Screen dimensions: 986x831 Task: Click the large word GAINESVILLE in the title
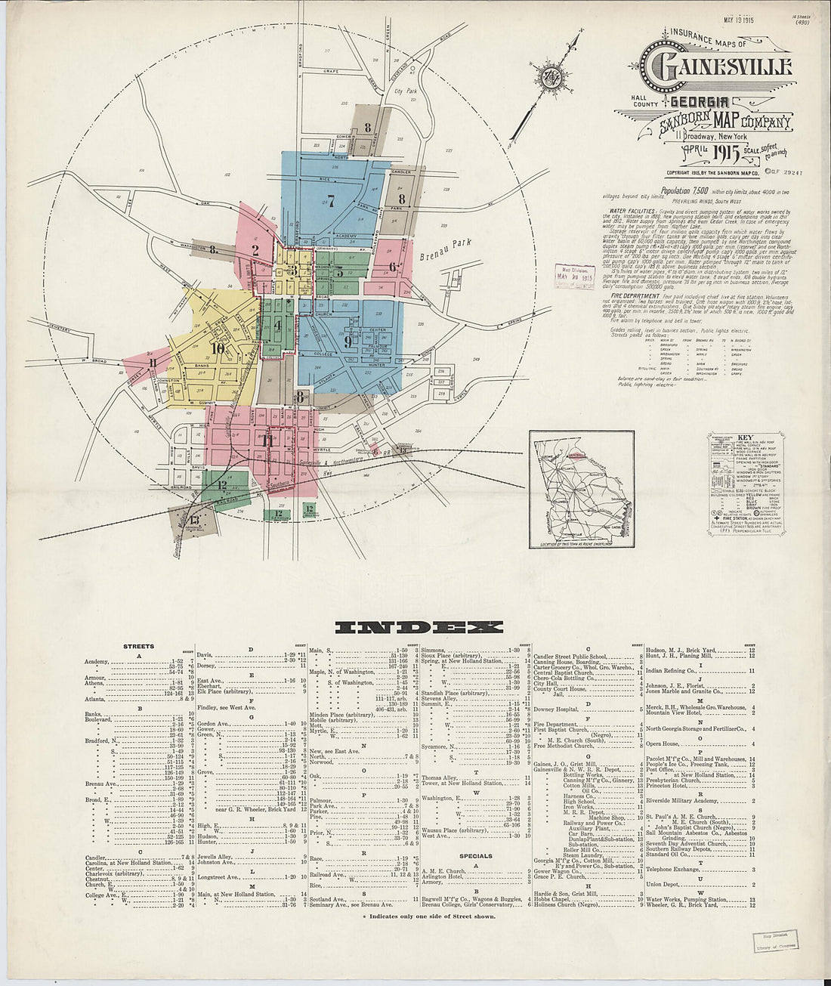click(716, 66)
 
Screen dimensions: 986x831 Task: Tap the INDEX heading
click(418, 626)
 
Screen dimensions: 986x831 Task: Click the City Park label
click(406, 90)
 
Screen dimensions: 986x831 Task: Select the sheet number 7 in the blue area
click(330, 200)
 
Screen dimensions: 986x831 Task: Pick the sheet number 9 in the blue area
click(348, 342)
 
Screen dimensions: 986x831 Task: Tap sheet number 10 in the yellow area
click(218, 348)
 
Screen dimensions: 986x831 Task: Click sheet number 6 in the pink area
click(393, 266)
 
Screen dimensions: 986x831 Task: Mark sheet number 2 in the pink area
click(255, 250)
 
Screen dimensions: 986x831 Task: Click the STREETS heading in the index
click(139, 647)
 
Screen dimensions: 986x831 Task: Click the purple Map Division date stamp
click(575, 276)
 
